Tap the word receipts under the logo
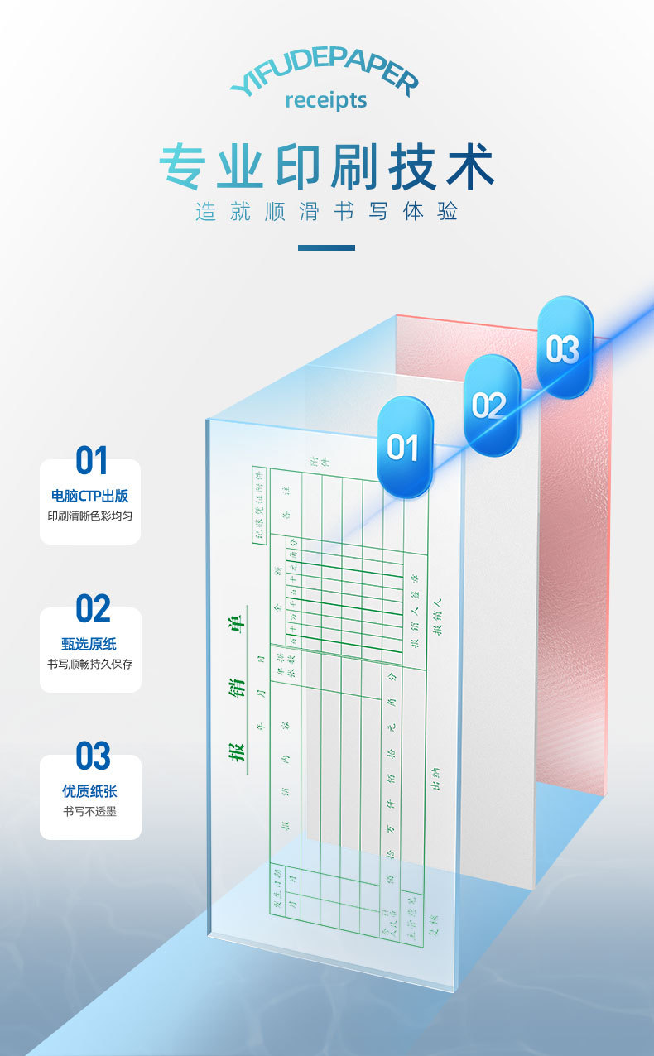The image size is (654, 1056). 325,100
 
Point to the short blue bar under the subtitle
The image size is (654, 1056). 326,247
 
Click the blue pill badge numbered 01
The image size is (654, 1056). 405,448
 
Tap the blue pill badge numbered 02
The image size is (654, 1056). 491,406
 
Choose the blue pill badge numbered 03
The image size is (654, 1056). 565,348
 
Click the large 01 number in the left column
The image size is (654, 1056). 91,462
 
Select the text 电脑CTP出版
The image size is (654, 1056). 90,497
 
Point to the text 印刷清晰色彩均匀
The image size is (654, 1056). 90,516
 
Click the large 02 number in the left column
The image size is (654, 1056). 92,609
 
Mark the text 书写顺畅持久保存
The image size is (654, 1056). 90,664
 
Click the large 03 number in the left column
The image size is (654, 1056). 92,756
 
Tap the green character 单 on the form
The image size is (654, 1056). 236,623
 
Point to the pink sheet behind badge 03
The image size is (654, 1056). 579,579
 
